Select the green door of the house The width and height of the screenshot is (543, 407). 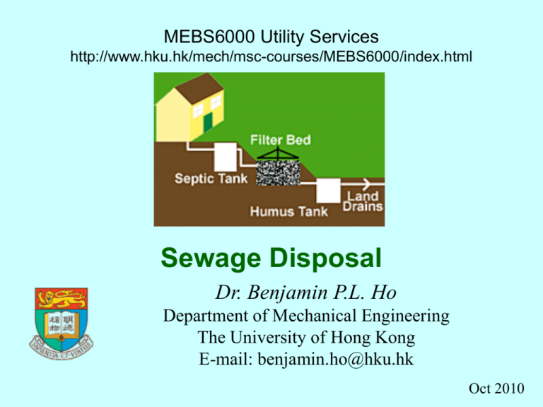207,123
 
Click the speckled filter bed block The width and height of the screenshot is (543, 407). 276,170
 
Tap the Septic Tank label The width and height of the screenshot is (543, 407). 211,179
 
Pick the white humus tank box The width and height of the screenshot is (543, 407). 328,189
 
